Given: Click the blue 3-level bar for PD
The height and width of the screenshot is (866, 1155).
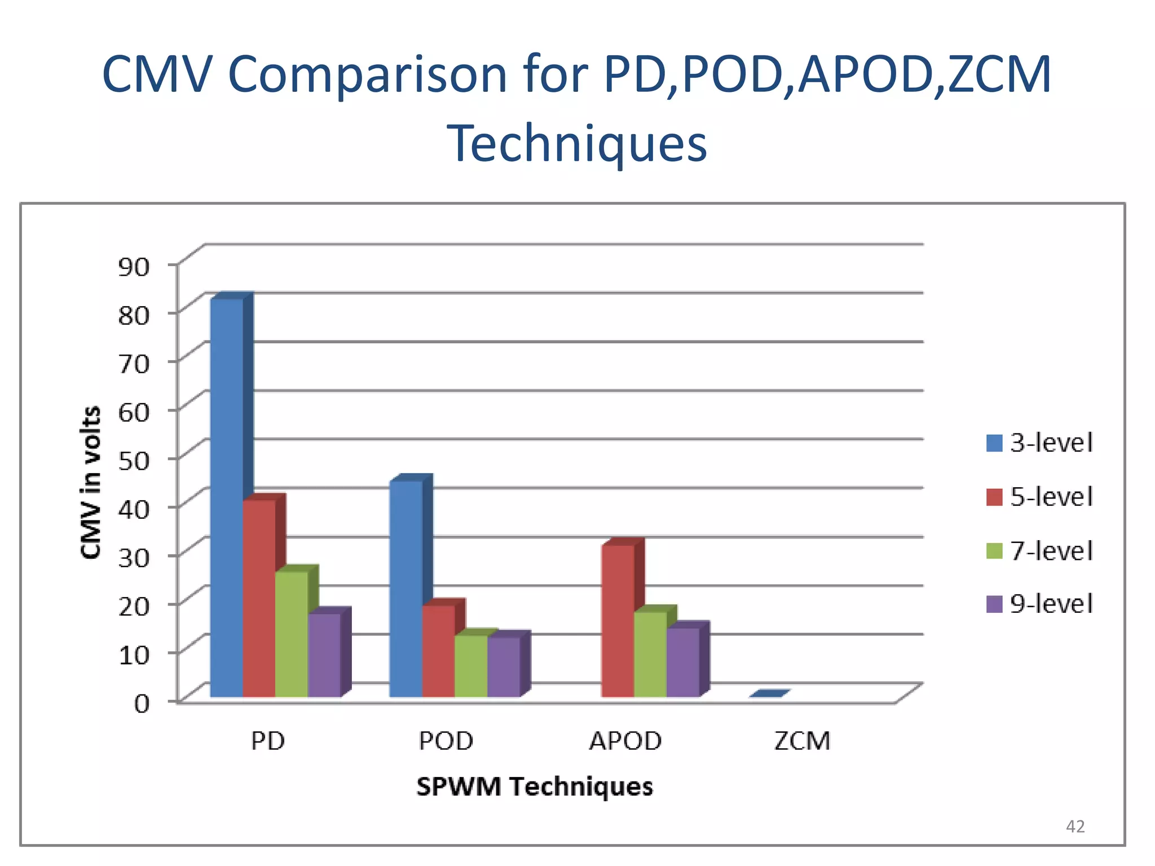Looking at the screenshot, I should tap(227, 496).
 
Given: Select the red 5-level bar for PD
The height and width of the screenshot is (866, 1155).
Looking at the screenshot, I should tap(259, 598).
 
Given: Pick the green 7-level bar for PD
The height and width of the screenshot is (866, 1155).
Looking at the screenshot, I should tap(292, 634).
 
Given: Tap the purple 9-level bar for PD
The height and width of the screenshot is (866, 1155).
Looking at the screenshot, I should tap(324, 654).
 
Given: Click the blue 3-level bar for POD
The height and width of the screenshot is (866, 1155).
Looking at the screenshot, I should tap(406, 589).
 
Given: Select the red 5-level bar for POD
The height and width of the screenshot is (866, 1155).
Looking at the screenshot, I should tap(438, 651).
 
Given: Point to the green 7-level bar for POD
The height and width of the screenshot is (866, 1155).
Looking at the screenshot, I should tap(471, 665).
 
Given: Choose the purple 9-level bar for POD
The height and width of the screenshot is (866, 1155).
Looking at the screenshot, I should tap(504, 666).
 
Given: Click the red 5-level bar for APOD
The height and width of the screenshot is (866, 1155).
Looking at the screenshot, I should tap(618, 620).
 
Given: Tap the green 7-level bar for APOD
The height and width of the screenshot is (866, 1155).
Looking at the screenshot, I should tap(650, 654).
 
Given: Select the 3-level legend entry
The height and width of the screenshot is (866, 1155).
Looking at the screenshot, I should tap(1039, 443).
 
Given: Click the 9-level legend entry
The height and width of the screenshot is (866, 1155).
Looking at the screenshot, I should tap(1039, 604).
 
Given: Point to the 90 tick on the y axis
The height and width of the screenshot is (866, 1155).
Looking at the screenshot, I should tap(134, 266).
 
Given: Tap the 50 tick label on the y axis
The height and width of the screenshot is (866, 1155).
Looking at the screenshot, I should tap(134, 461).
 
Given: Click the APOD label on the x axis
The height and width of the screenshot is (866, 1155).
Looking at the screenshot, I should tap(625, 741).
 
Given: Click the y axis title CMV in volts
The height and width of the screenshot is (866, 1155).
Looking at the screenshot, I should tap(90, 482).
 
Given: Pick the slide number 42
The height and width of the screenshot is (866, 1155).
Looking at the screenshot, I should tap(1075, 827).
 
